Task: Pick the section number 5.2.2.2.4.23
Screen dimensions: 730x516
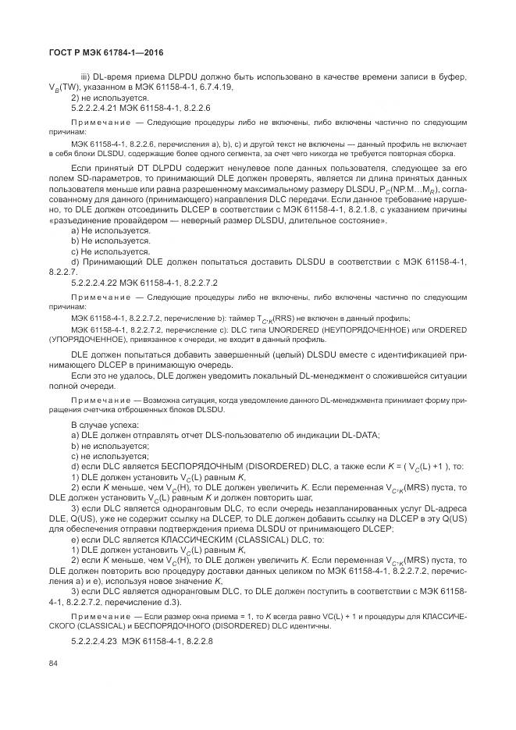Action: [x=96, y=639]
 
